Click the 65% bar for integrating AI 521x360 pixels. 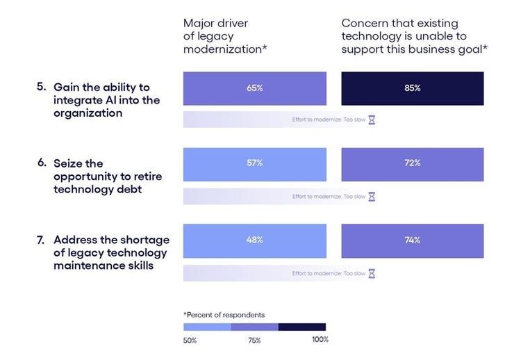tap(254, 88)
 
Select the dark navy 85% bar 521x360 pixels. tap(413, 88)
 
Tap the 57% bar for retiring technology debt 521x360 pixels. tap(254, 163)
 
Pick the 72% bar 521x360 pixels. tap(413, 163)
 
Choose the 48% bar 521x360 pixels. tap(254, 240)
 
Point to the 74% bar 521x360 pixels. tap(413, 240)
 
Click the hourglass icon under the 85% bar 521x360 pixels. tap(372, 120)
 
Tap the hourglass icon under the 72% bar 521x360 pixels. tap(372, 197)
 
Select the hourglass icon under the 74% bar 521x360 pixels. tap(372, 273)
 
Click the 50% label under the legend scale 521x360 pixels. tap(190, 341)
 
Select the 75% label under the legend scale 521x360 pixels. tap(254, 341)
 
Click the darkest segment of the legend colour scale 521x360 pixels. tap(301, 327)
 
